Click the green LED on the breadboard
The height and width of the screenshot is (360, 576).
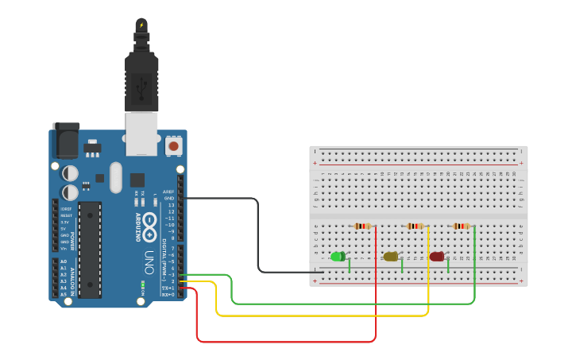click(338, 256)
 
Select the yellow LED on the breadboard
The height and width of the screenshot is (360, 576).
click(390, 256)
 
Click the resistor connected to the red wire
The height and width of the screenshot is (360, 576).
click(362, 226)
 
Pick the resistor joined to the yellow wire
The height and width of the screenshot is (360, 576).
click(415, 226)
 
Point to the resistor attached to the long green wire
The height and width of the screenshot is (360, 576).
click(461, 226)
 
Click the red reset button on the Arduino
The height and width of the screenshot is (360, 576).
click(173, 146)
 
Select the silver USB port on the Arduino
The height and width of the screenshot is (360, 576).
click(141, 133)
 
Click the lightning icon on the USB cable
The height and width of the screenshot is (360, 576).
click(141, 25)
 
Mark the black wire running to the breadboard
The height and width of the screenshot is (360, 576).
click(257, 230)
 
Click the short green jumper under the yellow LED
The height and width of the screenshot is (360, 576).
click(402, 265)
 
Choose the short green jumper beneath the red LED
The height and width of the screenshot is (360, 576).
click(448, 265)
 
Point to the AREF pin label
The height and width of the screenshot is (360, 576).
click(168, 192)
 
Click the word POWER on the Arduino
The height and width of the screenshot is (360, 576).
click(72, 242)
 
